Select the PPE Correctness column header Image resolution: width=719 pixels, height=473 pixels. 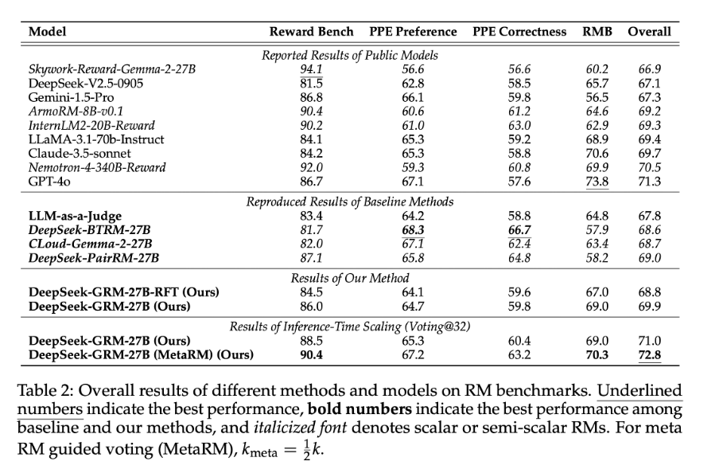point(519,32)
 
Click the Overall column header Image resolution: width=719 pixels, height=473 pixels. point(649,32)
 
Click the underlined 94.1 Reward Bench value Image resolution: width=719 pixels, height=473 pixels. point(311,69)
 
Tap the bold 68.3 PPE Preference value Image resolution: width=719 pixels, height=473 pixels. point(413,230)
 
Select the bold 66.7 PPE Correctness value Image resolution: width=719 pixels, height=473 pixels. point(519,230)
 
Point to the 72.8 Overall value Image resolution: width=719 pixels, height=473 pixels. point(649,355)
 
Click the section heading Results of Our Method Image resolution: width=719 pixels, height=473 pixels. point(350,278)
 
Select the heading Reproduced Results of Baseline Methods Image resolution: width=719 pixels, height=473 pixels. point(350,201)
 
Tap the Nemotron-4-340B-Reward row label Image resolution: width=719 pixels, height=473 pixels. point(97,168)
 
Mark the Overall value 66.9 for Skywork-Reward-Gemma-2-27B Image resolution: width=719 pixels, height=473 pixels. point(649,69)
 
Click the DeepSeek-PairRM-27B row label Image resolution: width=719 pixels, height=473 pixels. point(94,259)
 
